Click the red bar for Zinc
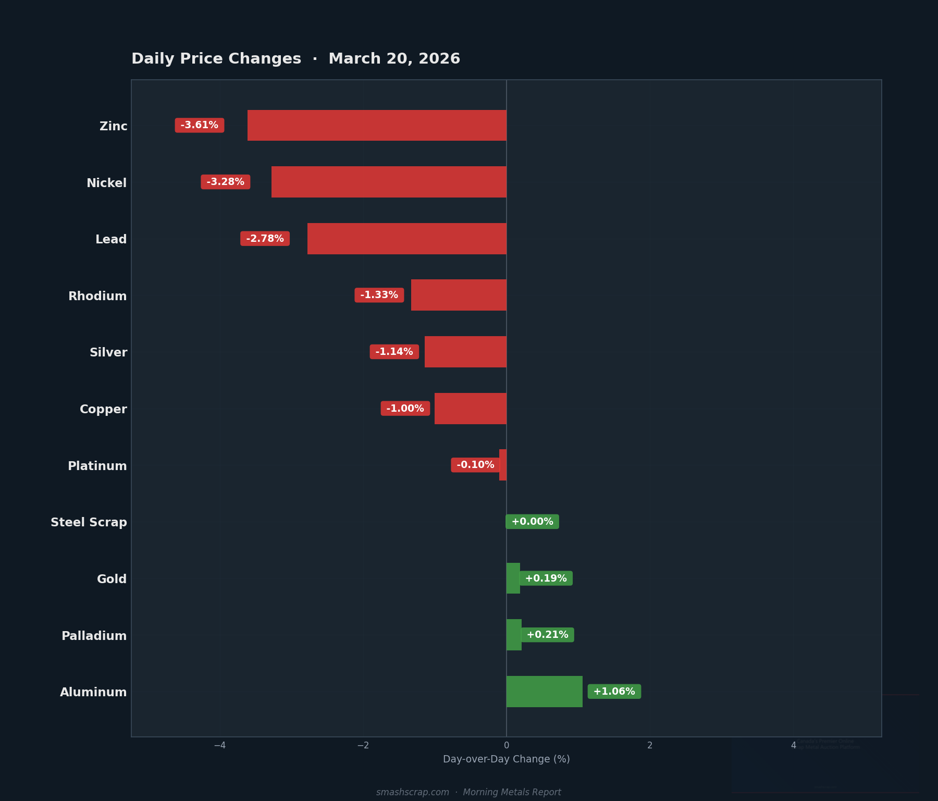point(377,125)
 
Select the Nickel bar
point(389,182)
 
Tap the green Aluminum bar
point(544,692)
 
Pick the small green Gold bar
point(513,578)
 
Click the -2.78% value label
point(265,239)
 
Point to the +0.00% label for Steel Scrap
point(532,522)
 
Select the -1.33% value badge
point(379,295)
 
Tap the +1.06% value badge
point(614,692)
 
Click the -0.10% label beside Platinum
point(475,465)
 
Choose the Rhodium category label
point(97,296)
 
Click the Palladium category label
point(94,636)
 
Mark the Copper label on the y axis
point(103,409)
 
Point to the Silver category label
point(108,352)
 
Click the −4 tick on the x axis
point(219,745)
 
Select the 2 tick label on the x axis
point(650,745)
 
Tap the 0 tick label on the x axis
point(507,745)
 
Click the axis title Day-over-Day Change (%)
point(506,759)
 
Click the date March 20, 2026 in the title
point(394,59)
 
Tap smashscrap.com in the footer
point(412,792)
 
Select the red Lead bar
point(406,239)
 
